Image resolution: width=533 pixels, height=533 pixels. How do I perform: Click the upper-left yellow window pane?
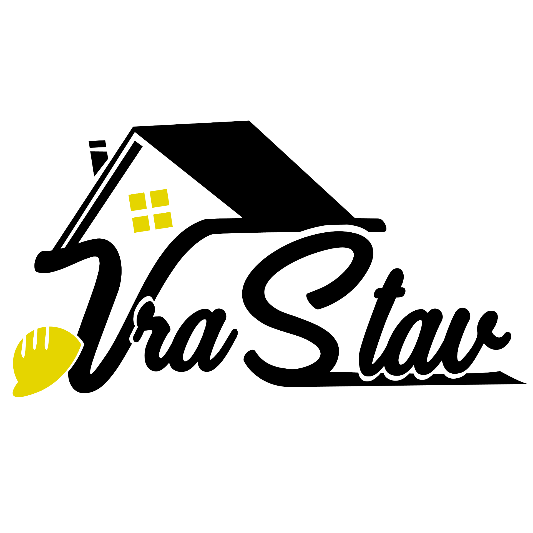pyautogui.click(x=137, y=202)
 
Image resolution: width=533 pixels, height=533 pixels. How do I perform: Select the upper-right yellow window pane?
pyautogui.click(x=159, y=198)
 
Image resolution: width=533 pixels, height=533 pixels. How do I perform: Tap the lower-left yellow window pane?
pyautogui.click(x=141, y=224)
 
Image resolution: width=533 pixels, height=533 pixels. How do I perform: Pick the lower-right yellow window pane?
pyautogui.click(x=163, y=220)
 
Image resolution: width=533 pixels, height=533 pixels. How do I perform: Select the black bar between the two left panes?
pyautogui.click(x=139, y=213)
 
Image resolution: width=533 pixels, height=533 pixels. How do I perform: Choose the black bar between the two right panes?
pyautogui.click(x=161, y=209)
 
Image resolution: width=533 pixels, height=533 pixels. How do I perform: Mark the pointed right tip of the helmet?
pyautogui.click(x=81, y=345)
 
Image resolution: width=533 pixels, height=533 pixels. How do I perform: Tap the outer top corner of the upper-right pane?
pyautogui.click(x=167, y=189)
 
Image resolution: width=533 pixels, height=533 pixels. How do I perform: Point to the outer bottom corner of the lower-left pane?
pyautogui.click(x=135, y=232)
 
